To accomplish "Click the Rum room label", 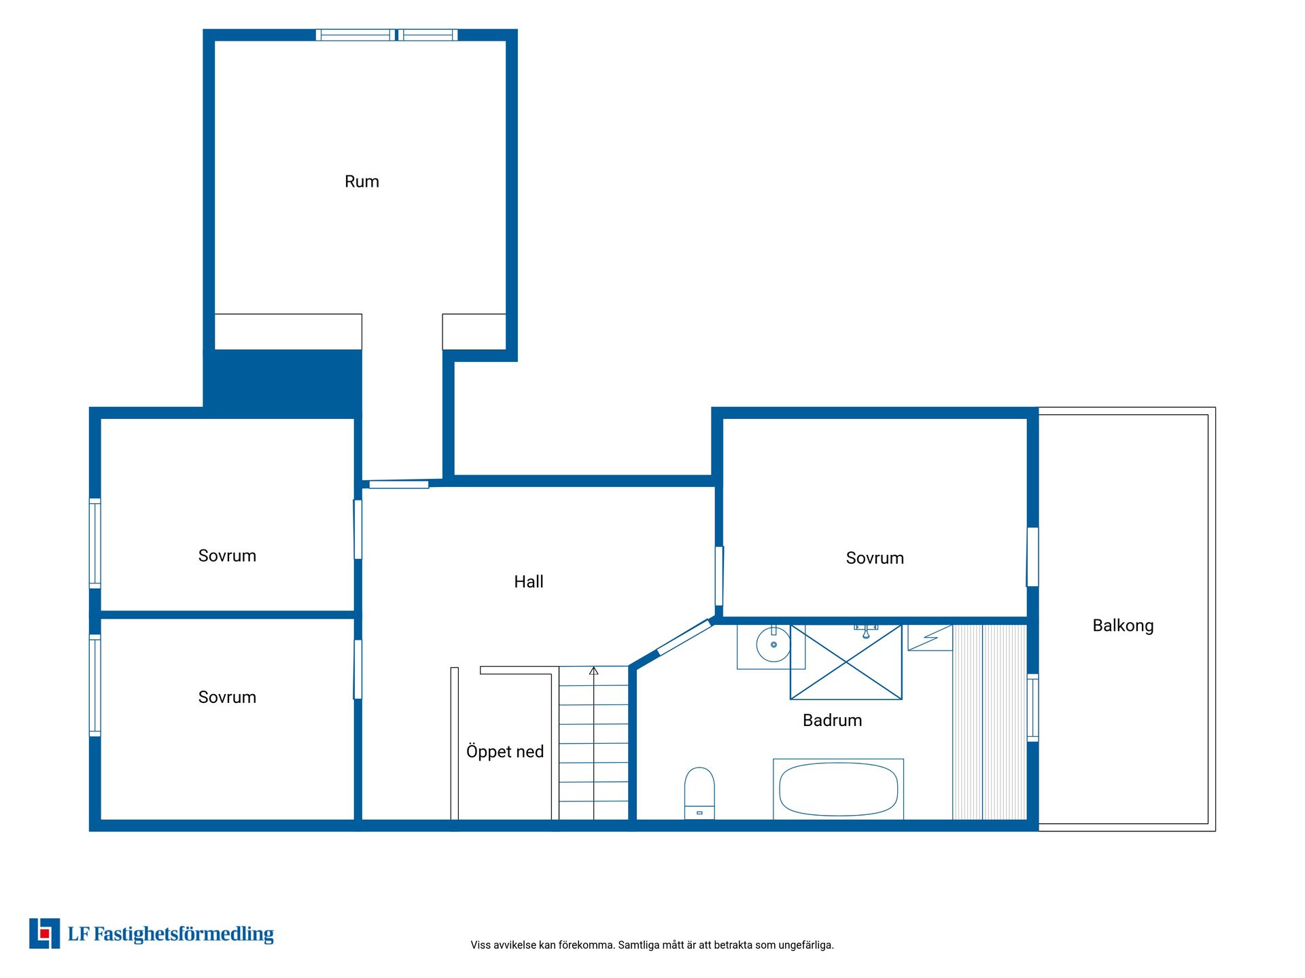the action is pos(362,181).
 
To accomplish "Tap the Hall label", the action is pos(528,581).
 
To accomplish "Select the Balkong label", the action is pos(1123,626).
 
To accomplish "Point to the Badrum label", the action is pos(832,720).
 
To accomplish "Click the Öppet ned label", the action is pos(505,751).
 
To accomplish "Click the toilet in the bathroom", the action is pos(699,793).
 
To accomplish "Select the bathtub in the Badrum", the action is pos(838,789).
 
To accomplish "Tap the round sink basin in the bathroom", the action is pos(773,645).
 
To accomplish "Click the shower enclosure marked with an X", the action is pos(846,662).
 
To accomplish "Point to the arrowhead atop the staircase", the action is pos(593,670).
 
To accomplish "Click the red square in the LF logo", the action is pos(45,934).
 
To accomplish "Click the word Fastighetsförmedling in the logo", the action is pos(184,935).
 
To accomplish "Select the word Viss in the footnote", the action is pos(480,945).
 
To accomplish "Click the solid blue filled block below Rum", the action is pos(283,383).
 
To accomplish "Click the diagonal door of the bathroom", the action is pos(685,638).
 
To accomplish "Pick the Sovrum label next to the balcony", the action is pos(875,558).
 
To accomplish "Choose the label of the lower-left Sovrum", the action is pos(227,698).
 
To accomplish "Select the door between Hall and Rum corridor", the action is pos(399,484).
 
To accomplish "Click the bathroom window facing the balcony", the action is pos(1032,708).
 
